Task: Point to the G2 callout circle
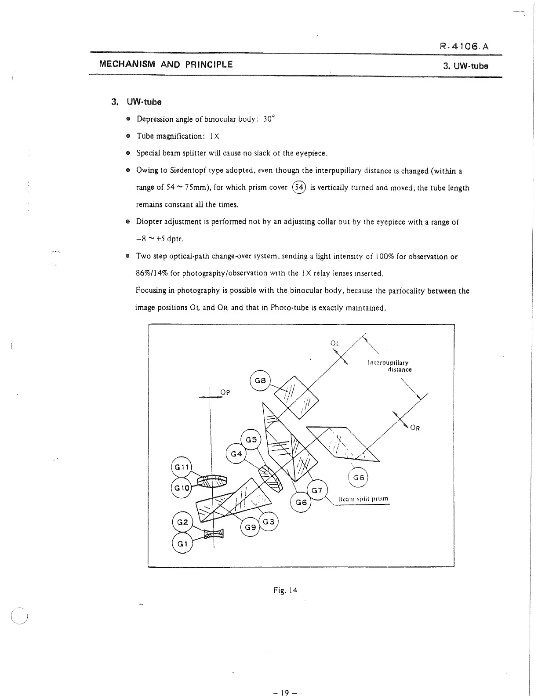(x=182, y=522)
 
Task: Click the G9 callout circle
(x=251, y=527)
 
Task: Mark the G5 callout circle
(x=251, y=439)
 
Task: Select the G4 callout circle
(x=236, y=453)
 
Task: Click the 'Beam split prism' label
(x=364, y=500)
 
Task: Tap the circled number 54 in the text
(x=299, y=188)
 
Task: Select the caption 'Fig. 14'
(x=285, y=590)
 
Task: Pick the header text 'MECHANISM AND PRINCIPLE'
(x=166, y=65)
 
